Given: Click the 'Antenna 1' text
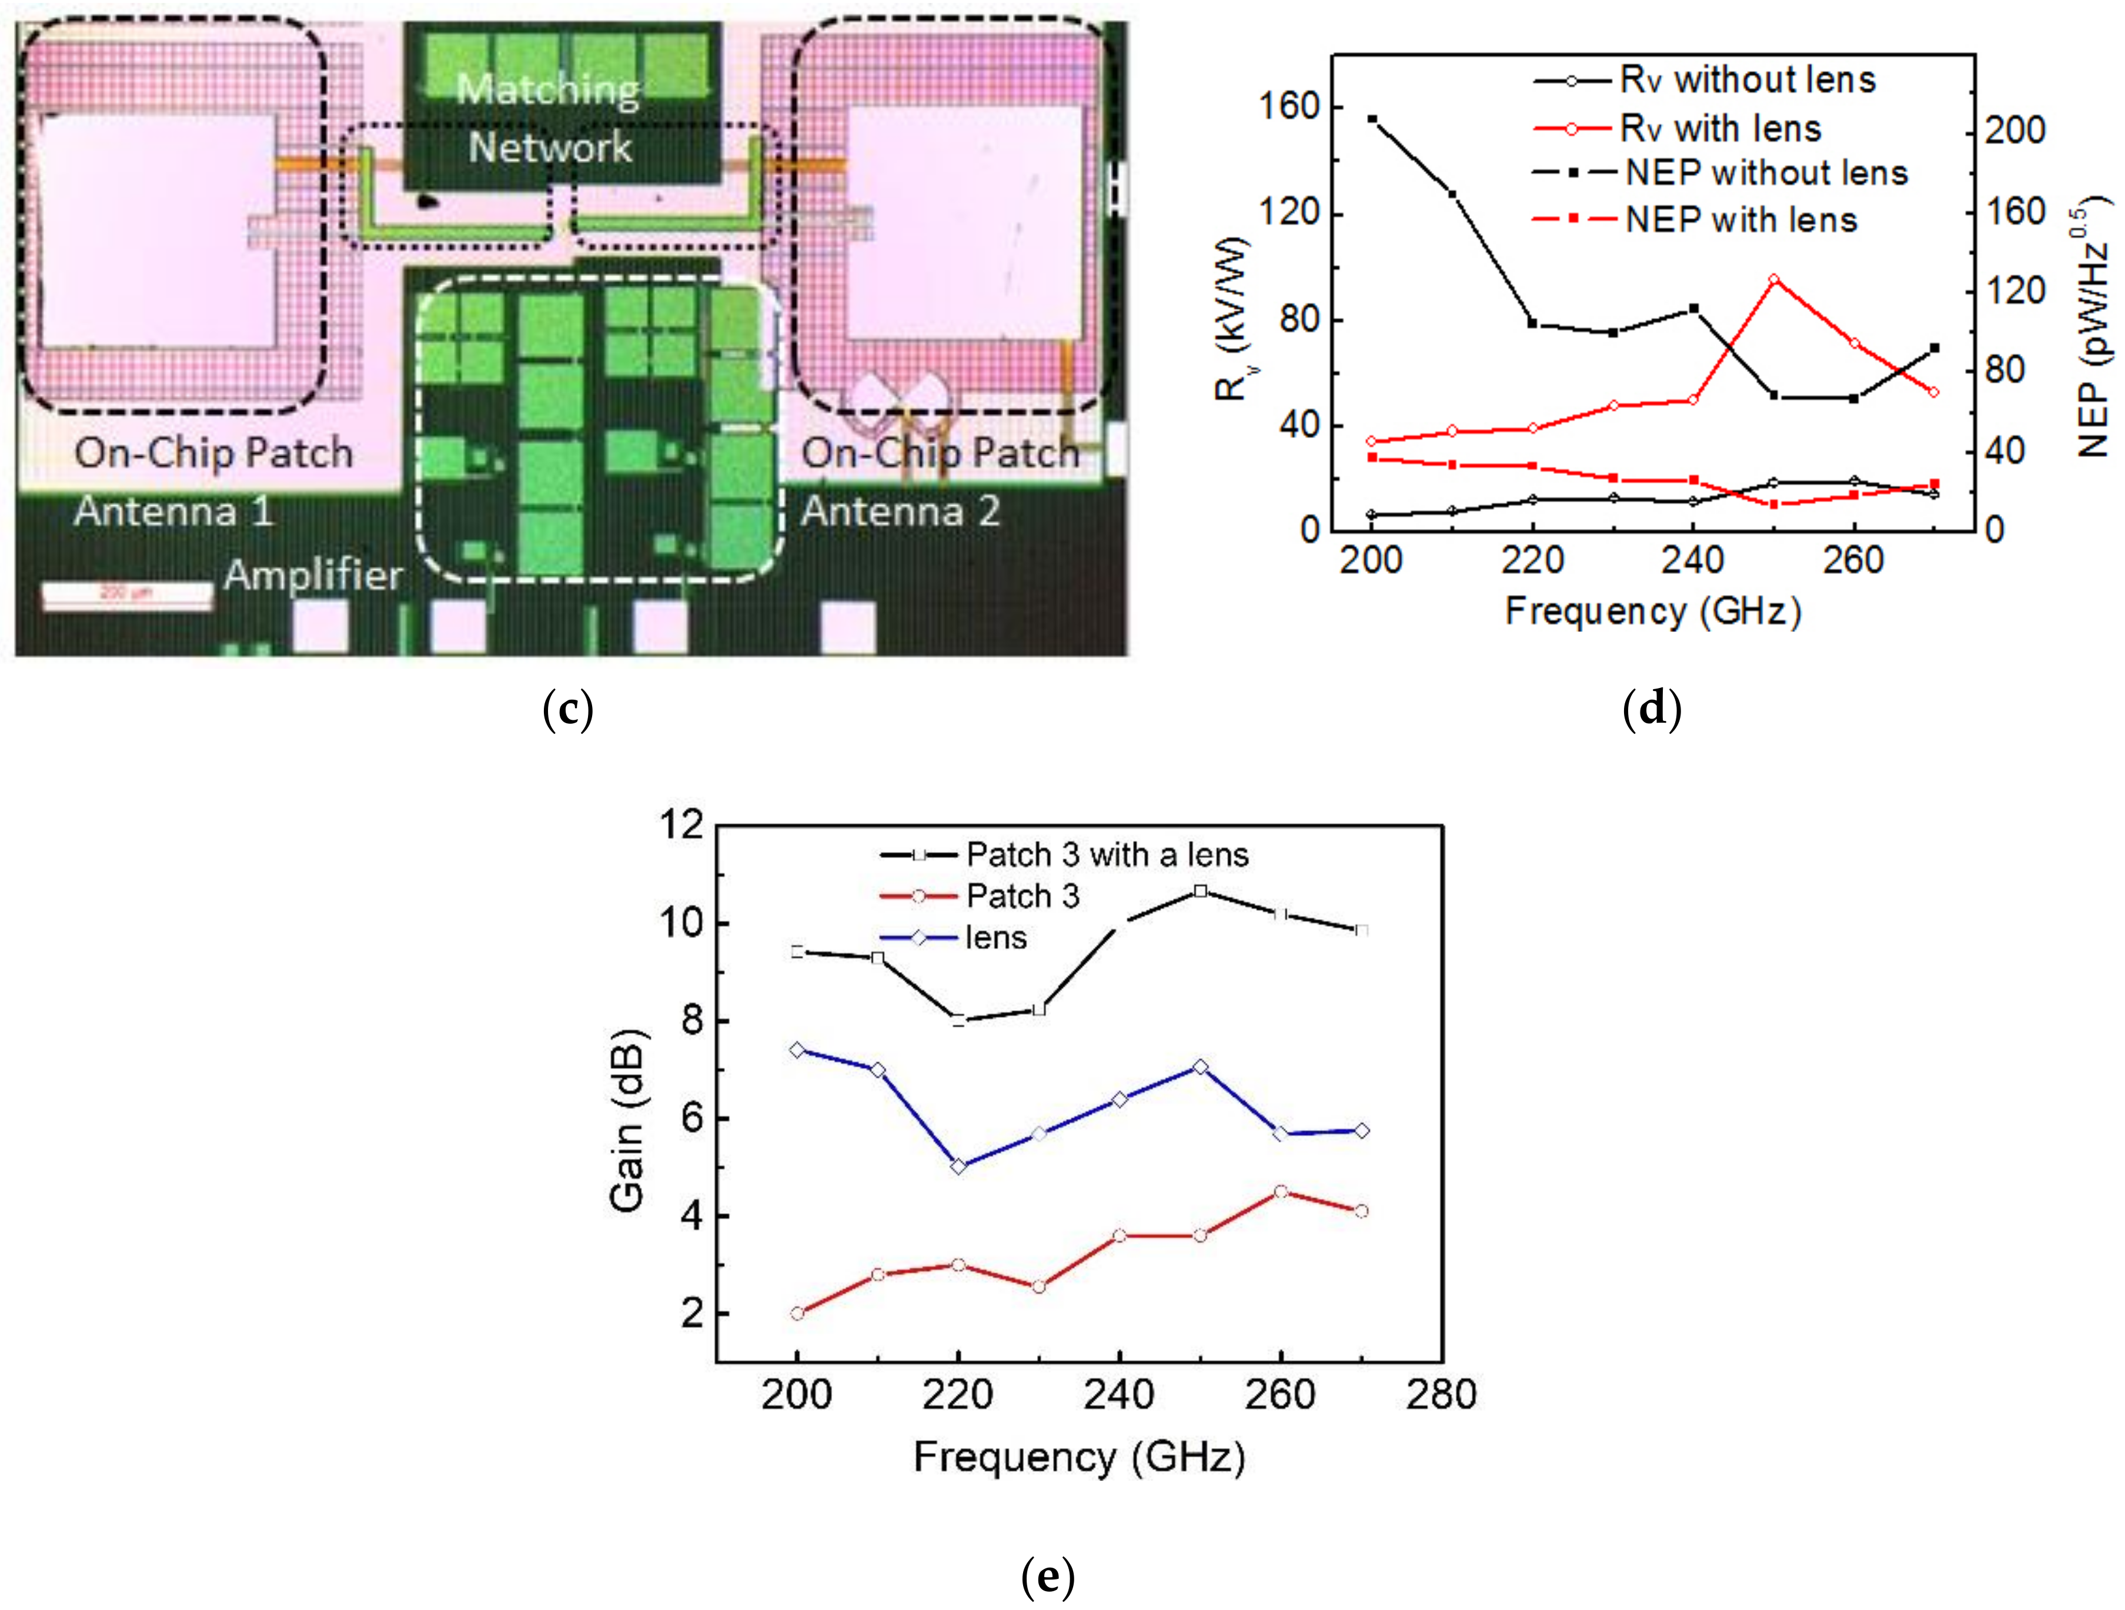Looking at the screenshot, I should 174,511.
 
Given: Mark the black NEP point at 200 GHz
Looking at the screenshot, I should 1372,120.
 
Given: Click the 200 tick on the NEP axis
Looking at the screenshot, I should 2014,131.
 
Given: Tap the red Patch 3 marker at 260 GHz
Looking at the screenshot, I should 1281,1192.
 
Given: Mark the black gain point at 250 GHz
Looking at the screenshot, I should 1200,891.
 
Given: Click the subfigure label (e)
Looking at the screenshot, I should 1047,1576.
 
